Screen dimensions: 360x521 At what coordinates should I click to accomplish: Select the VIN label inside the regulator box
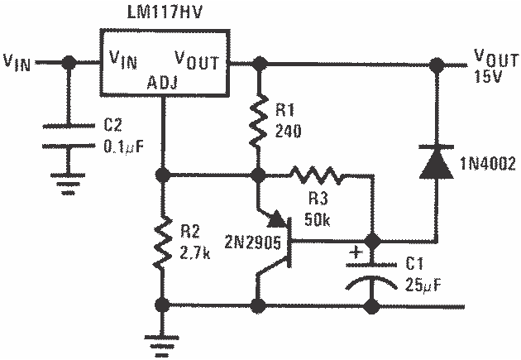120,60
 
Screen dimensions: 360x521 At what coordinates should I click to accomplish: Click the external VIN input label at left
18,62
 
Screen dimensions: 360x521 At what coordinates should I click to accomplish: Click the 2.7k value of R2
196,250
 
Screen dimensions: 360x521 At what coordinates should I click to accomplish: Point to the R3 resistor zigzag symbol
315,175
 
